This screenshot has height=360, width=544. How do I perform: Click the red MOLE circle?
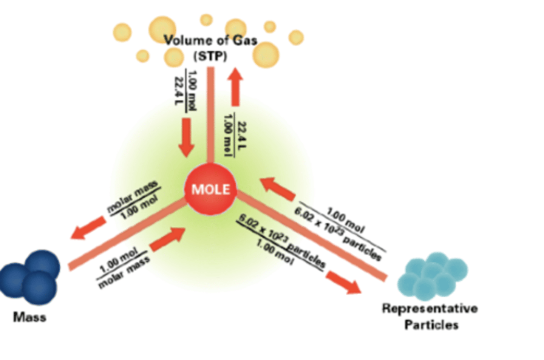point(210,189)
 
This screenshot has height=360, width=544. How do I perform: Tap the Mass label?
point(29,317)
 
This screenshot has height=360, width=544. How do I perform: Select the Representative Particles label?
point(430,317)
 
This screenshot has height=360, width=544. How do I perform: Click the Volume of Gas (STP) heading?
point(210,48)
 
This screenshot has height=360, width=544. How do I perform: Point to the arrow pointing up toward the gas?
point(236,87)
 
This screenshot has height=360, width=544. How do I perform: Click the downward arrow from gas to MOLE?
point(186,137)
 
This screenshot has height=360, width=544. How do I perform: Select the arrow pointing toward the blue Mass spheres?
point(88,229)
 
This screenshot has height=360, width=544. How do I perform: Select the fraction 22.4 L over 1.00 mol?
point(235,134)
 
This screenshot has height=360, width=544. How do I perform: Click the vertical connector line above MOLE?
point(210,113)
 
